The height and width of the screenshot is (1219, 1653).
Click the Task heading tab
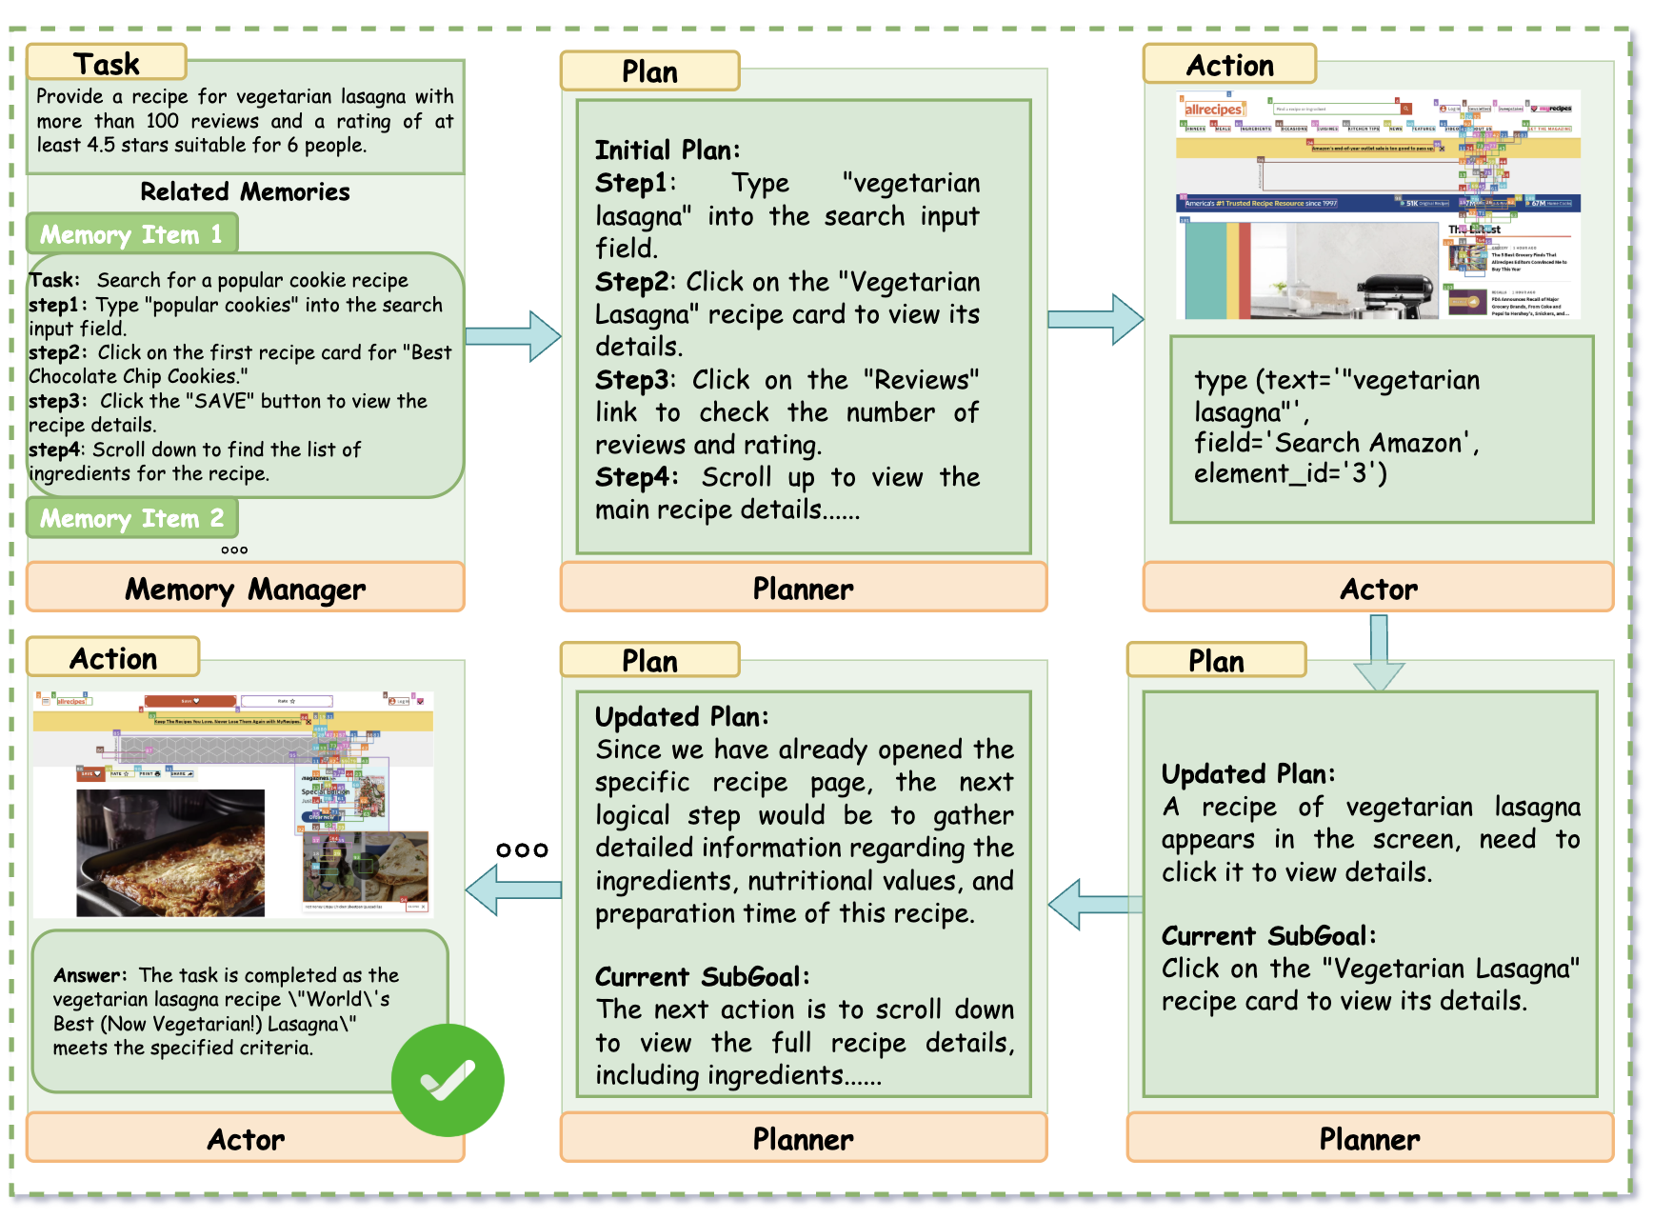click(106, 63)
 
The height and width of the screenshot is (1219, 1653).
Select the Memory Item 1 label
click(131, 234)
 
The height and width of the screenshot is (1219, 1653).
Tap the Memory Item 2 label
click(131, 518)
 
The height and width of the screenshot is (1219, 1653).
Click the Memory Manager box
click(245, 589)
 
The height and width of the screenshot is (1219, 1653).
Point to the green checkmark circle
click(448, 1080)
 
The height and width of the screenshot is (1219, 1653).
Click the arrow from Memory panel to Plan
click(513, 335)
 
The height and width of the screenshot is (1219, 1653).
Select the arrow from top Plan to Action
click(1095, 319)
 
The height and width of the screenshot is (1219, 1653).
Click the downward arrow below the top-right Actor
click(1378, 652)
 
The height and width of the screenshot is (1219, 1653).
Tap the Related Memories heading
click(245, 191)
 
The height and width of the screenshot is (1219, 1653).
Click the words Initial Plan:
click(667, 150)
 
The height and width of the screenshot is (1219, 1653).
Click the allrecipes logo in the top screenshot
click(1212, 110)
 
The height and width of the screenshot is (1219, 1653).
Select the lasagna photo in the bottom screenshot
click(170, 852)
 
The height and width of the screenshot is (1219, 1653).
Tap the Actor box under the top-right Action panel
click(1378, 589)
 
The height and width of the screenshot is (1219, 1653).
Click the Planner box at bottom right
click(1369, 1139)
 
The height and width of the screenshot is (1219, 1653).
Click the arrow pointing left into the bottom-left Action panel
click(513, 889)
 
